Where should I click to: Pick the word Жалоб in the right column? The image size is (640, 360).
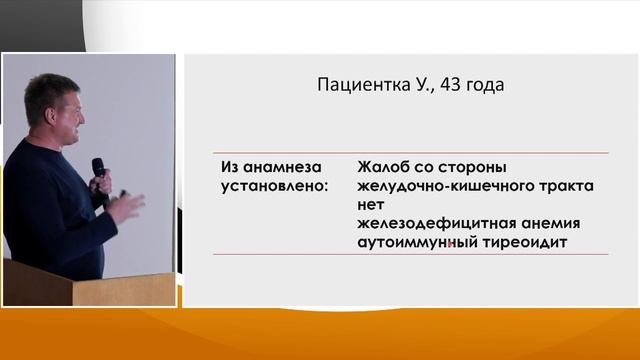(382, 166)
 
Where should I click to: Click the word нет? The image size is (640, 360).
(371, 204)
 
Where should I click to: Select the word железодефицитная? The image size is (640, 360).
(432, 223)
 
